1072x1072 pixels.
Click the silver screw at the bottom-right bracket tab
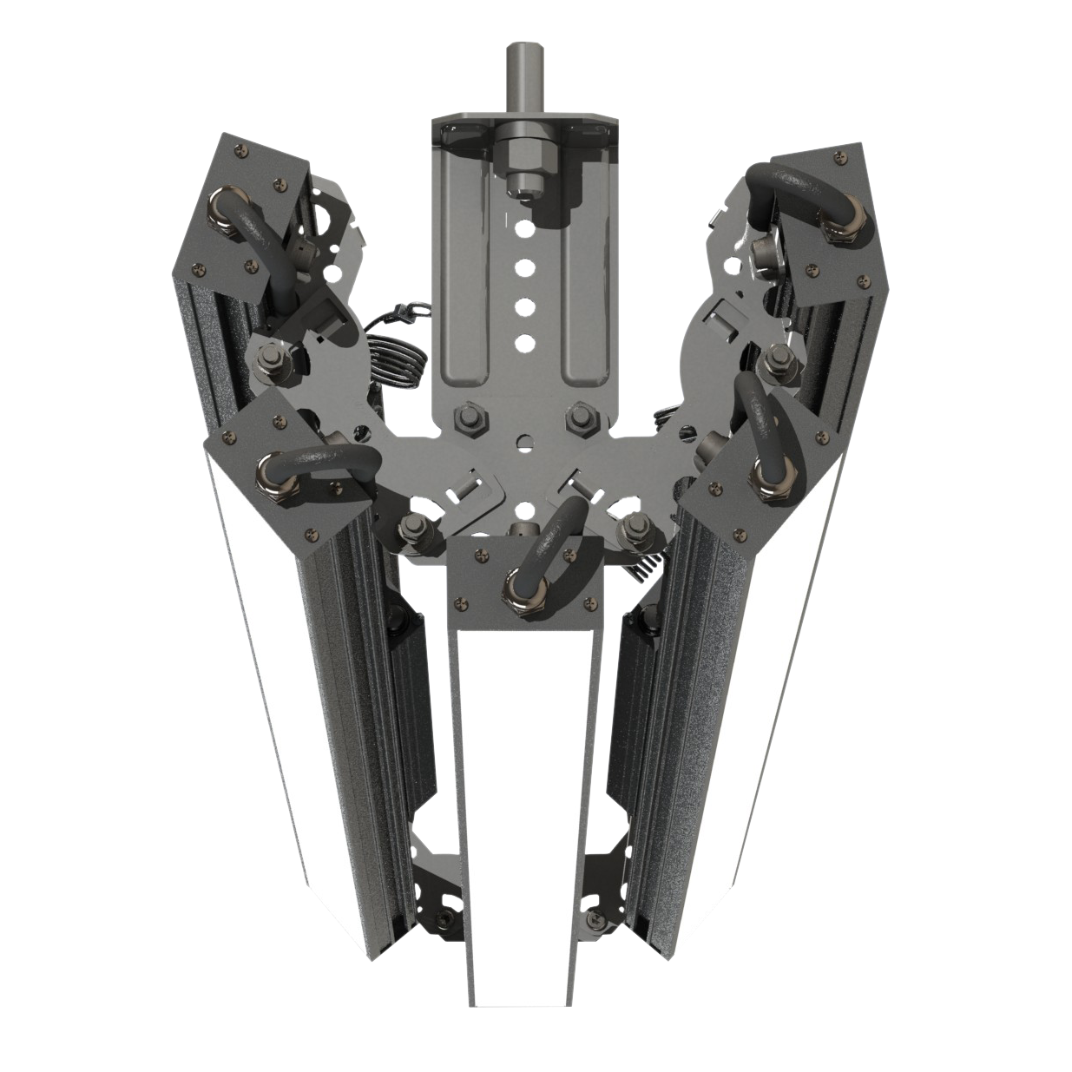pyautogui.click(x=596, y=918)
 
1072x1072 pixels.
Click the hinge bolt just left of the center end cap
pyautogui.click(x=415, y=530)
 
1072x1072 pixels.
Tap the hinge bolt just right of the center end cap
pyautogui.click(x=634, y=527)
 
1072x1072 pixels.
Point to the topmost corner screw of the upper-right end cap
pyautogui.click(x=839, y=157)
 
